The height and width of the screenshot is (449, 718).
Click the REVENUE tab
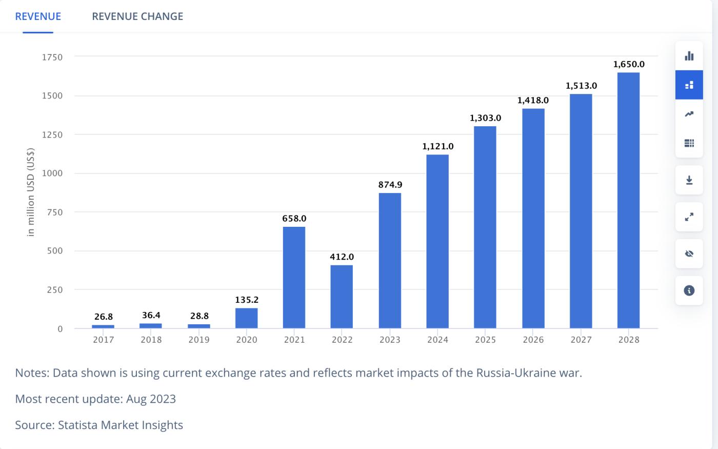click(38, 16)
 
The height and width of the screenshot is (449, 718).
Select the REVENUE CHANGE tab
click(137, 16)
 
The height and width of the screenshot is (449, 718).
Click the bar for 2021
click(294, 277)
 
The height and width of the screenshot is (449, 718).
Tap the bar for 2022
click(342, 296)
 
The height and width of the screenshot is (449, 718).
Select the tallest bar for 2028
click(628, 200)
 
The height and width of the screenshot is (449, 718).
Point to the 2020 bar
click(246, 318)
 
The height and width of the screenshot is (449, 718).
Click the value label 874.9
click(390, 185)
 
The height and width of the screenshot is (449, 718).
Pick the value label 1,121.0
click(437, 146)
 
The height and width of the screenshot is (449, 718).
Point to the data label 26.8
click(103, 317)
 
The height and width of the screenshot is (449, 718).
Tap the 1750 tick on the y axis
click(52, 57)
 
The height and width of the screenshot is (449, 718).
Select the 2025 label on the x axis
click(485, 340)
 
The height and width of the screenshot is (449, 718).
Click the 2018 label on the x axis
click(151, 340)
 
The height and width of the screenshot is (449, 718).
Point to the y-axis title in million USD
click(31, 192)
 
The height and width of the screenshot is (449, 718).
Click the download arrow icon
click(689, 180)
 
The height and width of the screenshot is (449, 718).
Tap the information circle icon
click(689, 290)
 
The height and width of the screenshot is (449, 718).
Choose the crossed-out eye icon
click(689, 253)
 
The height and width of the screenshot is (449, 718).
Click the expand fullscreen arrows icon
click(689, 217)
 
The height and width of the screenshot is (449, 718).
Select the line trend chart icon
click(689, 114)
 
